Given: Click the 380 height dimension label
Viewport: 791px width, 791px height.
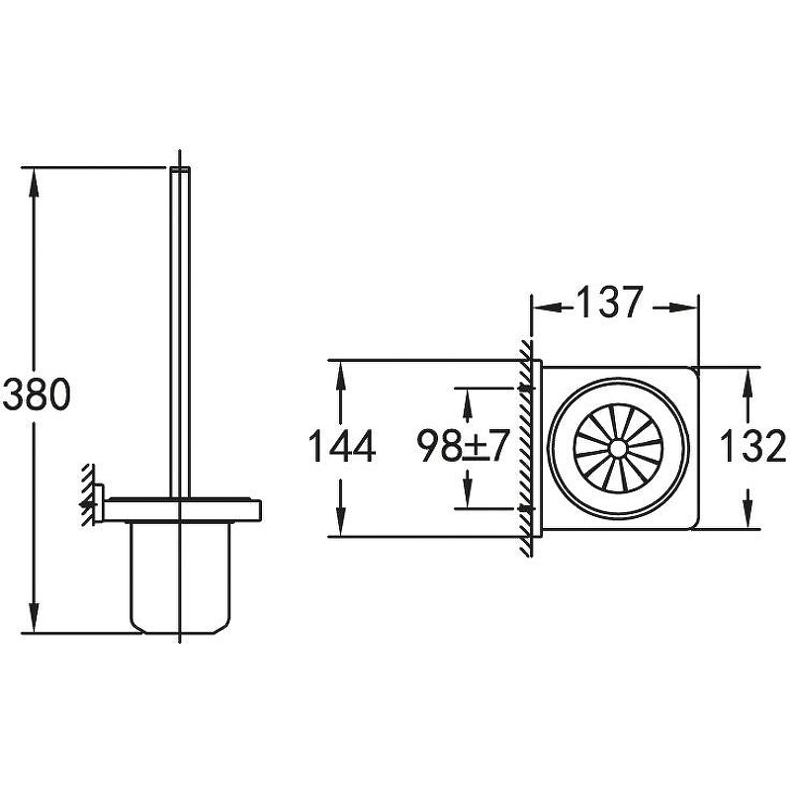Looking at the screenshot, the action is coord(37,395).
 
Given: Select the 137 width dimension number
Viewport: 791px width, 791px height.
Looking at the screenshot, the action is coord(609,303).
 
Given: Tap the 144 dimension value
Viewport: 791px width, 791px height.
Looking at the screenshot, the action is coord(341,446).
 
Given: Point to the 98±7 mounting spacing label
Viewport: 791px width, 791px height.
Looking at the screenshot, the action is coord(461,446).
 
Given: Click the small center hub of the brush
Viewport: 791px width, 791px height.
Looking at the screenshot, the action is coord(617,449).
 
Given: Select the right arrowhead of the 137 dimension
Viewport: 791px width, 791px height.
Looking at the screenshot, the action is coord(683,308).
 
